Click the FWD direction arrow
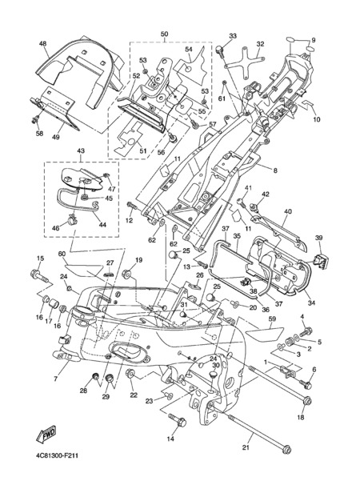(46, 434)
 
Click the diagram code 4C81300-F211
(57, 456)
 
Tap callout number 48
(42, 43)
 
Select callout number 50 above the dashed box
(165, 34)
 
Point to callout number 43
(81, 151)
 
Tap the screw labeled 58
(36, 119)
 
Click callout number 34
(312, 303)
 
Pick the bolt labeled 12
(132, 205)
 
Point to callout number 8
(275, 170)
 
